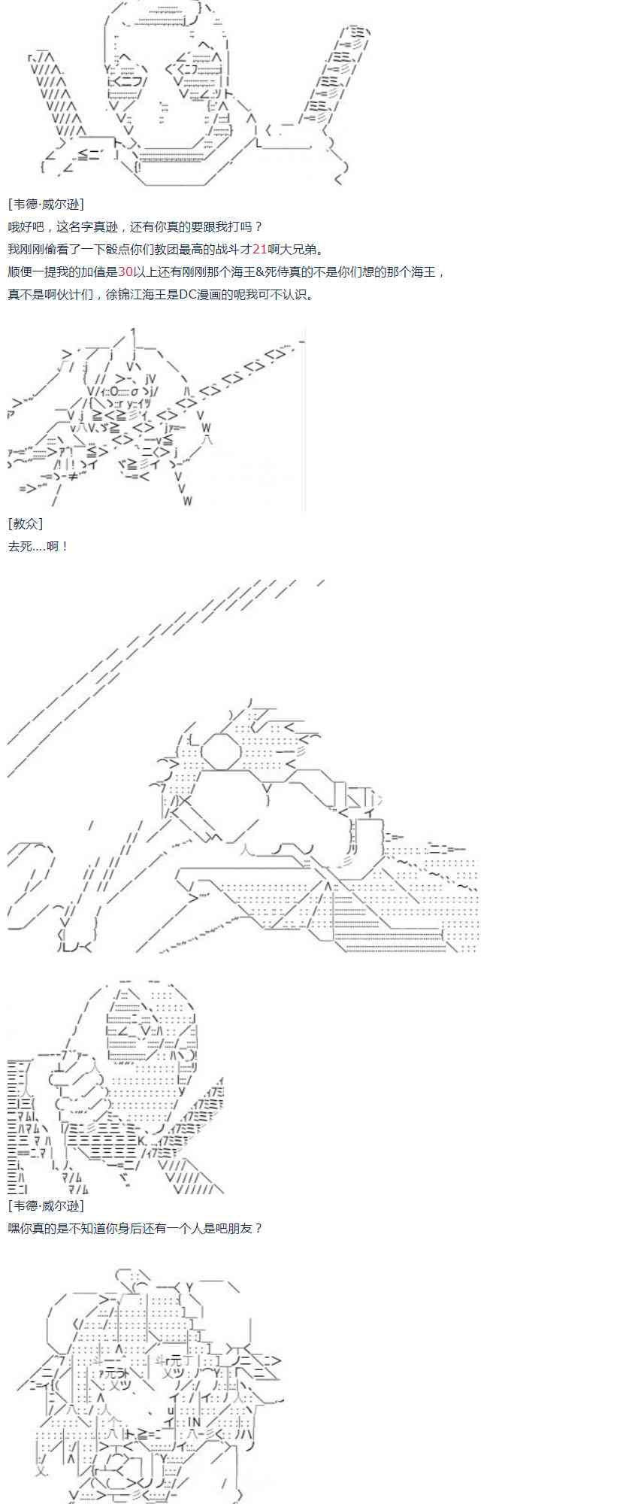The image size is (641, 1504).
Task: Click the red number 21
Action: (x=260, y=249)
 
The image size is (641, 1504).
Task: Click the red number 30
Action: (x=125, y=271)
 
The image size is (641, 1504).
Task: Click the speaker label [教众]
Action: (x=26, y=523)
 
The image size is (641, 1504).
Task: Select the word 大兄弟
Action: (x=299, y=249)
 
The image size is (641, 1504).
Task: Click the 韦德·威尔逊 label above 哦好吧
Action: (x=46, y=204)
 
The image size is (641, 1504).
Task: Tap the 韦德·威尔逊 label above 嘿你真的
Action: (x=46, y=1205)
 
